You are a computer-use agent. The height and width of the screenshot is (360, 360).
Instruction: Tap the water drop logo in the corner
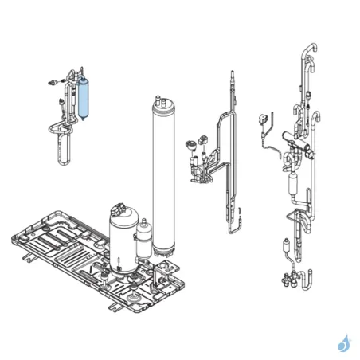point(343,343)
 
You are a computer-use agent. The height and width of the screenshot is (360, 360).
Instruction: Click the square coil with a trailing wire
point(260,122)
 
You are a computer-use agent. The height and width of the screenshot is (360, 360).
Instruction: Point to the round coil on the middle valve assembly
point(191,145)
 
